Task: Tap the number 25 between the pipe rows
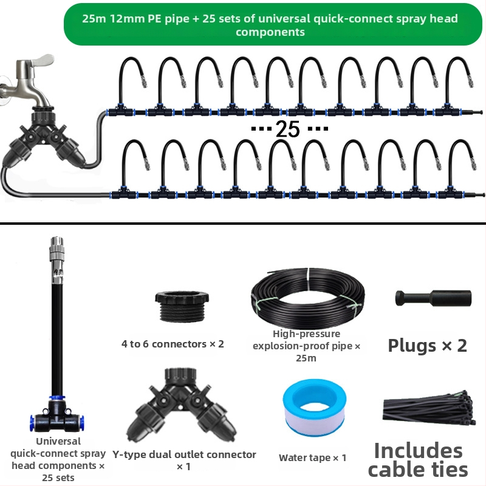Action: coord(287,129)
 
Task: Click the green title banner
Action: coord(273,24)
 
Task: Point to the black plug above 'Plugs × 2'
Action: coord(433,298)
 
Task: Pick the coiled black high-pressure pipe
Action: coord(308,297)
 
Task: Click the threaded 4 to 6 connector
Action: coord(182,306)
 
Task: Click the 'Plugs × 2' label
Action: coord(427,345)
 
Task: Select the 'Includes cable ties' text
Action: coord(418,460)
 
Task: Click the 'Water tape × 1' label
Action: coord(312,457)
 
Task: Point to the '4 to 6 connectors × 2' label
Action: coord(173,344)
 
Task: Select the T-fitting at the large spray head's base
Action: coord(57,416)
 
